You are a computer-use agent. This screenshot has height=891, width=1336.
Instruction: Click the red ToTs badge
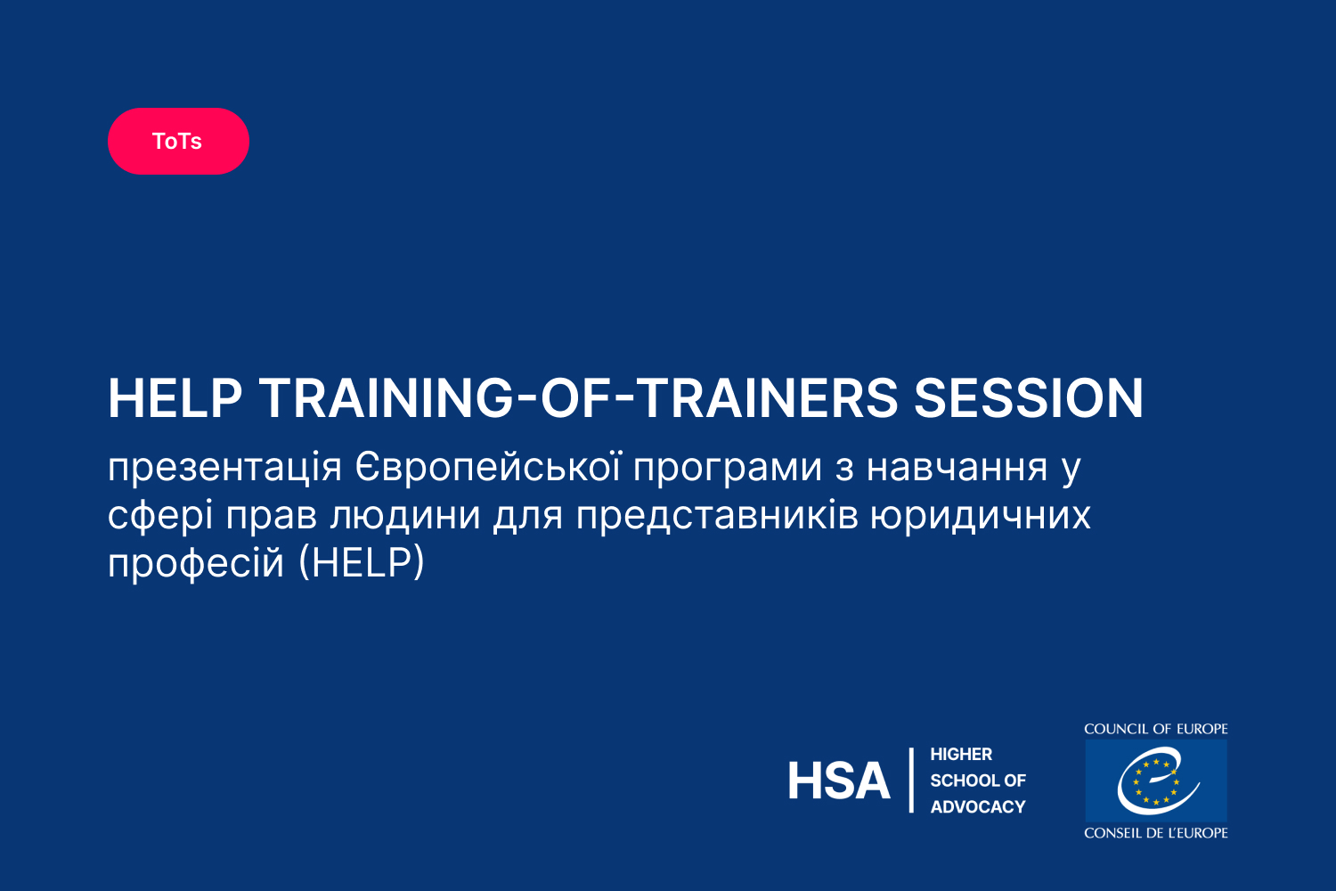pos(178,141)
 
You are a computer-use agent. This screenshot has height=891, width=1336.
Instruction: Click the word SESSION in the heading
pos(1028,398)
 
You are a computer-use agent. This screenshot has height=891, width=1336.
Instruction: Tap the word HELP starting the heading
pos(175,398)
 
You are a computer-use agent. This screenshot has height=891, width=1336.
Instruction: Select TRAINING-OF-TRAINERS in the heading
pos(578,398)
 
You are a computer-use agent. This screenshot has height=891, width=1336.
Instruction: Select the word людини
pos(405,517)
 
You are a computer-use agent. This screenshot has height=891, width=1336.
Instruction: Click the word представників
pos(717,517)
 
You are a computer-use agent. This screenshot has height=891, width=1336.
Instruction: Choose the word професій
pos(196,562)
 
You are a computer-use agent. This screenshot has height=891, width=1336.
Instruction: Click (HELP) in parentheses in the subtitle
pos(362,562)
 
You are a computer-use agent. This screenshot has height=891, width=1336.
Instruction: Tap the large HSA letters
pos(839,781)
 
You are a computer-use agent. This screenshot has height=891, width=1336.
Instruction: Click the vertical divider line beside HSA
pos(911,780)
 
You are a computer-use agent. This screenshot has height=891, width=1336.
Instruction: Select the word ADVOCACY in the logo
pos(978,807)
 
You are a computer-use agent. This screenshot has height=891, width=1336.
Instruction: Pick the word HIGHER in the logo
pos(961,755)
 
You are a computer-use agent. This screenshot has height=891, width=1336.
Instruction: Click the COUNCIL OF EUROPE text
pos(1156,729)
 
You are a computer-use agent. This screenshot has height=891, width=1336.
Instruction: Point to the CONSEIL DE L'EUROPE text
pos(1156,832)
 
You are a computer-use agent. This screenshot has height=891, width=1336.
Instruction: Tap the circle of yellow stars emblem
pos(1156,781)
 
